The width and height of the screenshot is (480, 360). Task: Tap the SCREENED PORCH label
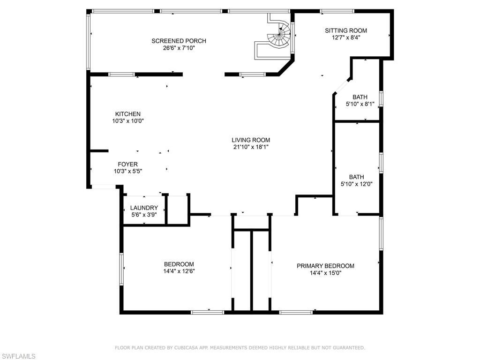179,41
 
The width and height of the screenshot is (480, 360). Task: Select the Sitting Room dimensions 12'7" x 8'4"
346,38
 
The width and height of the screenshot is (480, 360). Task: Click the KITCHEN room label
127,114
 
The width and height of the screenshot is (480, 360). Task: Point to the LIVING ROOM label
251,140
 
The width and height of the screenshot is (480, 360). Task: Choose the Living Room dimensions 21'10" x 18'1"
251,147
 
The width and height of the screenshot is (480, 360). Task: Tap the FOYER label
127,164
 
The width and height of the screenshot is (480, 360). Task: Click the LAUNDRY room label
144,208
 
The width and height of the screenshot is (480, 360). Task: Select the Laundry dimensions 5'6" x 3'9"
144,215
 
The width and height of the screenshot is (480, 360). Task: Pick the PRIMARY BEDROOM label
325,266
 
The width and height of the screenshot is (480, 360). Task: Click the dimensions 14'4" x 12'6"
179,271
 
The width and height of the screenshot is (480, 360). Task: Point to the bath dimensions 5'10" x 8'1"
360,104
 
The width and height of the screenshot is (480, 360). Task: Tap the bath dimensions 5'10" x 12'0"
356,184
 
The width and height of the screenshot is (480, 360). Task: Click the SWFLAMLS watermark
18,356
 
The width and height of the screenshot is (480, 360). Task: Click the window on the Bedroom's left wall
121,269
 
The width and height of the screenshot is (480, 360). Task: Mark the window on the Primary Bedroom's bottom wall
296,312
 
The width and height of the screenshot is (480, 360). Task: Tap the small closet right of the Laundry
178,209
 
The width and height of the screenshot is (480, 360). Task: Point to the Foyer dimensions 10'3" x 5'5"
127,171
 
